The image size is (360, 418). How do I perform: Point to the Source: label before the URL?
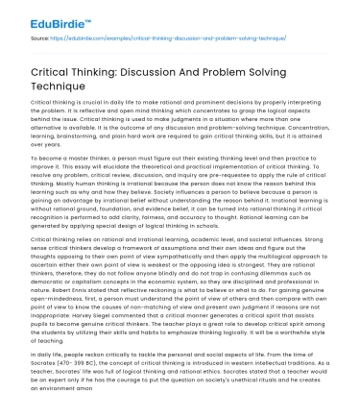pyautogui.click(x=41, y=39)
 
